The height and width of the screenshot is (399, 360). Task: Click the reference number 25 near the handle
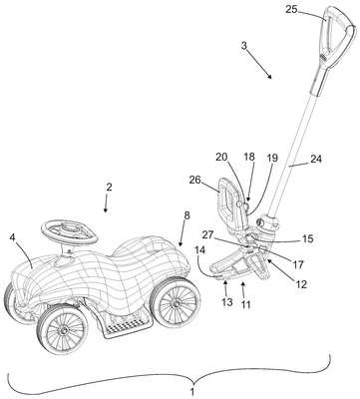click(291, 9)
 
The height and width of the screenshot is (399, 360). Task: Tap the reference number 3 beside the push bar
click(244, 46)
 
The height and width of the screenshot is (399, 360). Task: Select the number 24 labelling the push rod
click(316, 159)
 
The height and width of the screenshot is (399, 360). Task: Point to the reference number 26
click(195, 180)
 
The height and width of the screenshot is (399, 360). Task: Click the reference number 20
click(221, 157)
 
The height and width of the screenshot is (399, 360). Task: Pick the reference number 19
click(272, 158)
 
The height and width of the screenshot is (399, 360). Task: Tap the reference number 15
click(308, 238)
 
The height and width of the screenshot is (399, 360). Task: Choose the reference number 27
click(208, 235)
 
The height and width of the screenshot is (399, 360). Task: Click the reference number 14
click(200, 249)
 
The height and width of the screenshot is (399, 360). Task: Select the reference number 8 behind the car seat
click(186, 215)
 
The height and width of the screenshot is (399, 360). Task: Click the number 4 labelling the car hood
click(13, 237)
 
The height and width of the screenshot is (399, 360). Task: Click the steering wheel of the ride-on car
click(70, 232)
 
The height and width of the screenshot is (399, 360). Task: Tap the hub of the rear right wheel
click(176, 303)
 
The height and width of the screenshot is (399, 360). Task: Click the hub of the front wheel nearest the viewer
click(63, 330)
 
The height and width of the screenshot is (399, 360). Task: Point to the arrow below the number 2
click(106, 203)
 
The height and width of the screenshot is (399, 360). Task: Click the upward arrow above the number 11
click(243, 289)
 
